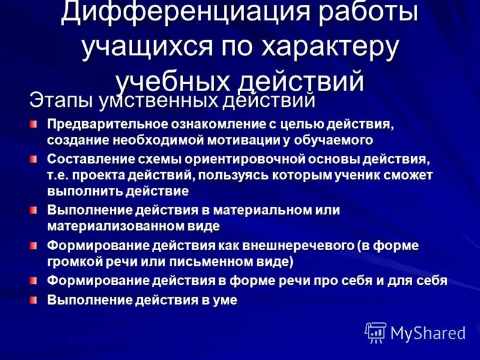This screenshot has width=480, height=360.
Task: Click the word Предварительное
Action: pos(106,124)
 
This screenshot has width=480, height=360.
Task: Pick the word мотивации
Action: pos(245,139)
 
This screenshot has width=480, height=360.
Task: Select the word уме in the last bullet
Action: pos(225,300)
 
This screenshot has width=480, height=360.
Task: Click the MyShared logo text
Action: pos(428,333)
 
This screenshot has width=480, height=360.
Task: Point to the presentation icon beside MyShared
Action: pos(376,332)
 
